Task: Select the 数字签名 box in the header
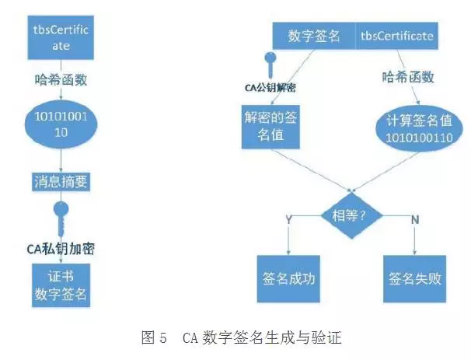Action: click(314, 36)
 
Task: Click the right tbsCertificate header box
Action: click(396, 36)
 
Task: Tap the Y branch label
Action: click(290, 220)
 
